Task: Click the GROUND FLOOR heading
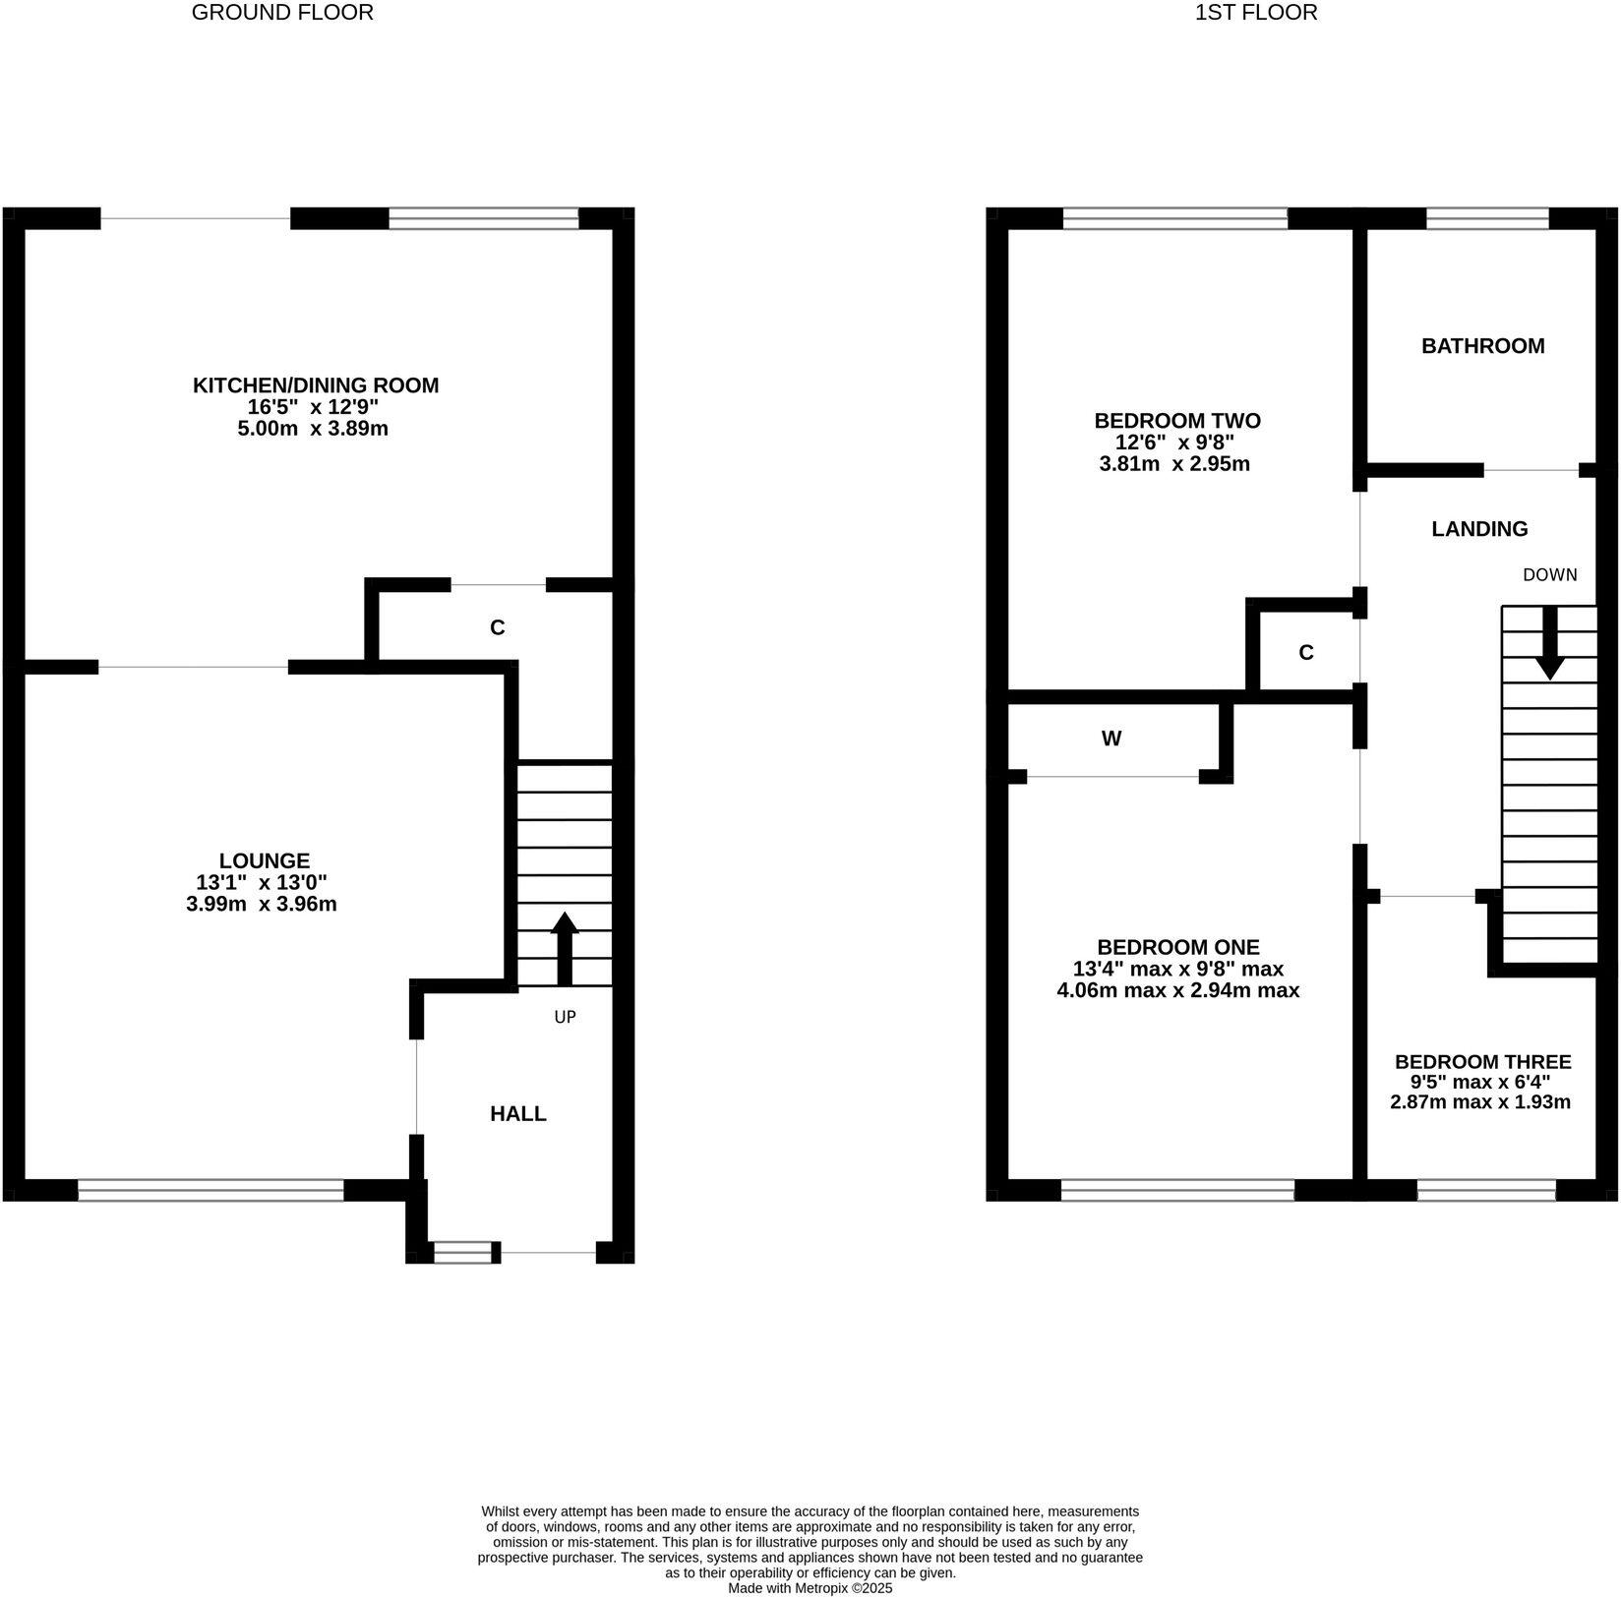pos(282,13)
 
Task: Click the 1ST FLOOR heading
pos(1256,13)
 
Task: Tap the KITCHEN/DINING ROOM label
pos(316,385)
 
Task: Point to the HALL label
pos(518,1113)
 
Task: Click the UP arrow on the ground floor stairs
pos(565,948)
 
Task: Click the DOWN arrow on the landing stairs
pos(1550,644)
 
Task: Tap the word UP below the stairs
pos(565,1017)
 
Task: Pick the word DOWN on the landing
pos(1549,575)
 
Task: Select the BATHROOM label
pos(1482,346)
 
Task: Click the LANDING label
pos(1479,529)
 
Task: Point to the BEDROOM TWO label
pos(1177,421)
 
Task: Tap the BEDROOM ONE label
pos(1178,947)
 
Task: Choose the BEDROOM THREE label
pos(1482,1062)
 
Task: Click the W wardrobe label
pos(1111,739)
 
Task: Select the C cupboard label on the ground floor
pos(498,627)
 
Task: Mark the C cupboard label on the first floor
pos(1306,653)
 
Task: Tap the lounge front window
pos(210,1191)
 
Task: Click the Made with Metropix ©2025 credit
pos(810,1587)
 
